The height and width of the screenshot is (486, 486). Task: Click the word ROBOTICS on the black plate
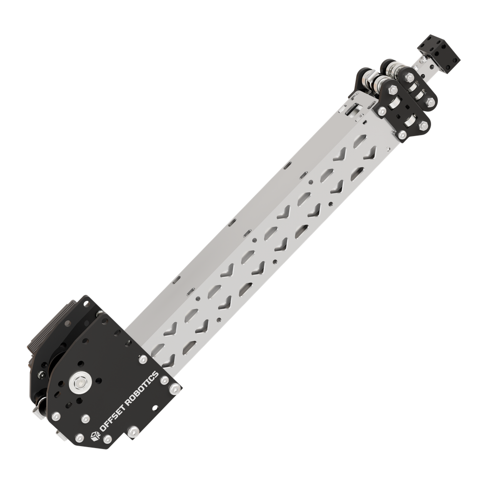click(x=140, y=389)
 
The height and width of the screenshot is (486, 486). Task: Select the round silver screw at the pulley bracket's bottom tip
click(x=403, y=135)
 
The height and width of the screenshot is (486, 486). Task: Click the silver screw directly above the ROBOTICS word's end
click(x=142, y=360)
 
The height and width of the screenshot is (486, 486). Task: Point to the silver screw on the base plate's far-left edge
click(x=56, y=416)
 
